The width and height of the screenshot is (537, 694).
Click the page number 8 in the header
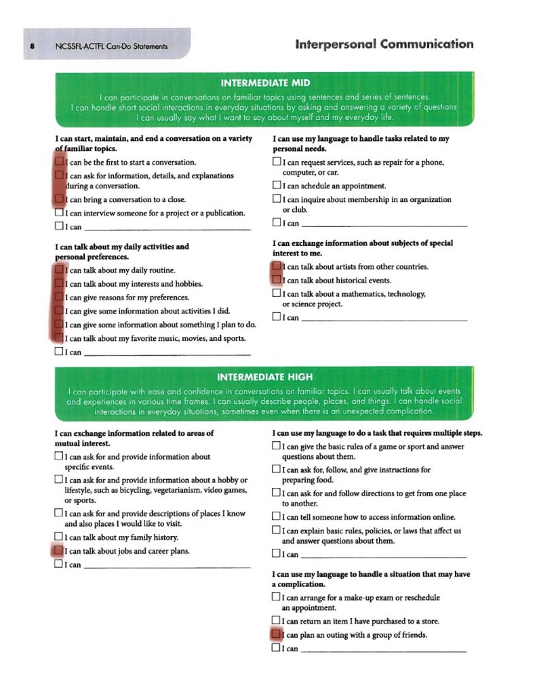(32, 46)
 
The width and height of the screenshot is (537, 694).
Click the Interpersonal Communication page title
(384, 45)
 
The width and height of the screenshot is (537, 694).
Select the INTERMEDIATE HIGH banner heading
(265, 377)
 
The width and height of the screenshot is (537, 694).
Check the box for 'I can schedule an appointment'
(277, 186)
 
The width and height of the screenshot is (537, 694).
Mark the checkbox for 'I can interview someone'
(59, 213)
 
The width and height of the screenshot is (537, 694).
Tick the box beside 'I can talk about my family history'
(58, 537)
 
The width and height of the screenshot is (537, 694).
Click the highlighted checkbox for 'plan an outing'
(276, 635)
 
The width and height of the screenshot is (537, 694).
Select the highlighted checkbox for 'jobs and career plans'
(58, 551)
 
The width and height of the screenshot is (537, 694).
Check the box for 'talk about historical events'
(277, 280)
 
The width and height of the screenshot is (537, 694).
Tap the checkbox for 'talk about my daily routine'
(59, 270)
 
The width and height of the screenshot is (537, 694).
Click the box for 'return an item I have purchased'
(276, 621)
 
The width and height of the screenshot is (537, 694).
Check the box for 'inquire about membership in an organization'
(277, 200)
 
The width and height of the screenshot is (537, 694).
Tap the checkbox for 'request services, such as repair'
(277, 163)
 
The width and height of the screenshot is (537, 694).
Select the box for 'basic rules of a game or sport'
(276, 447)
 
